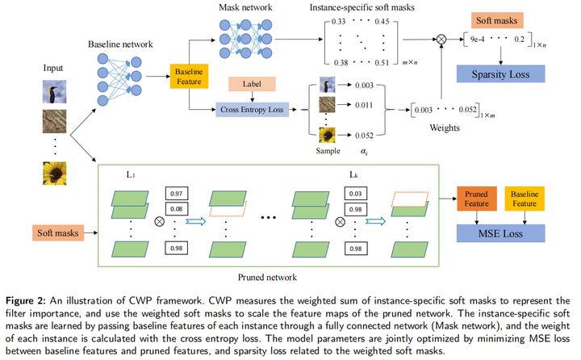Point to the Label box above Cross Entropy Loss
pos(253,84)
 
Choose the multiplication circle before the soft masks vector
pos(441,39)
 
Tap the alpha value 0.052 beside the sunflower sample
pos(364,136)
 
